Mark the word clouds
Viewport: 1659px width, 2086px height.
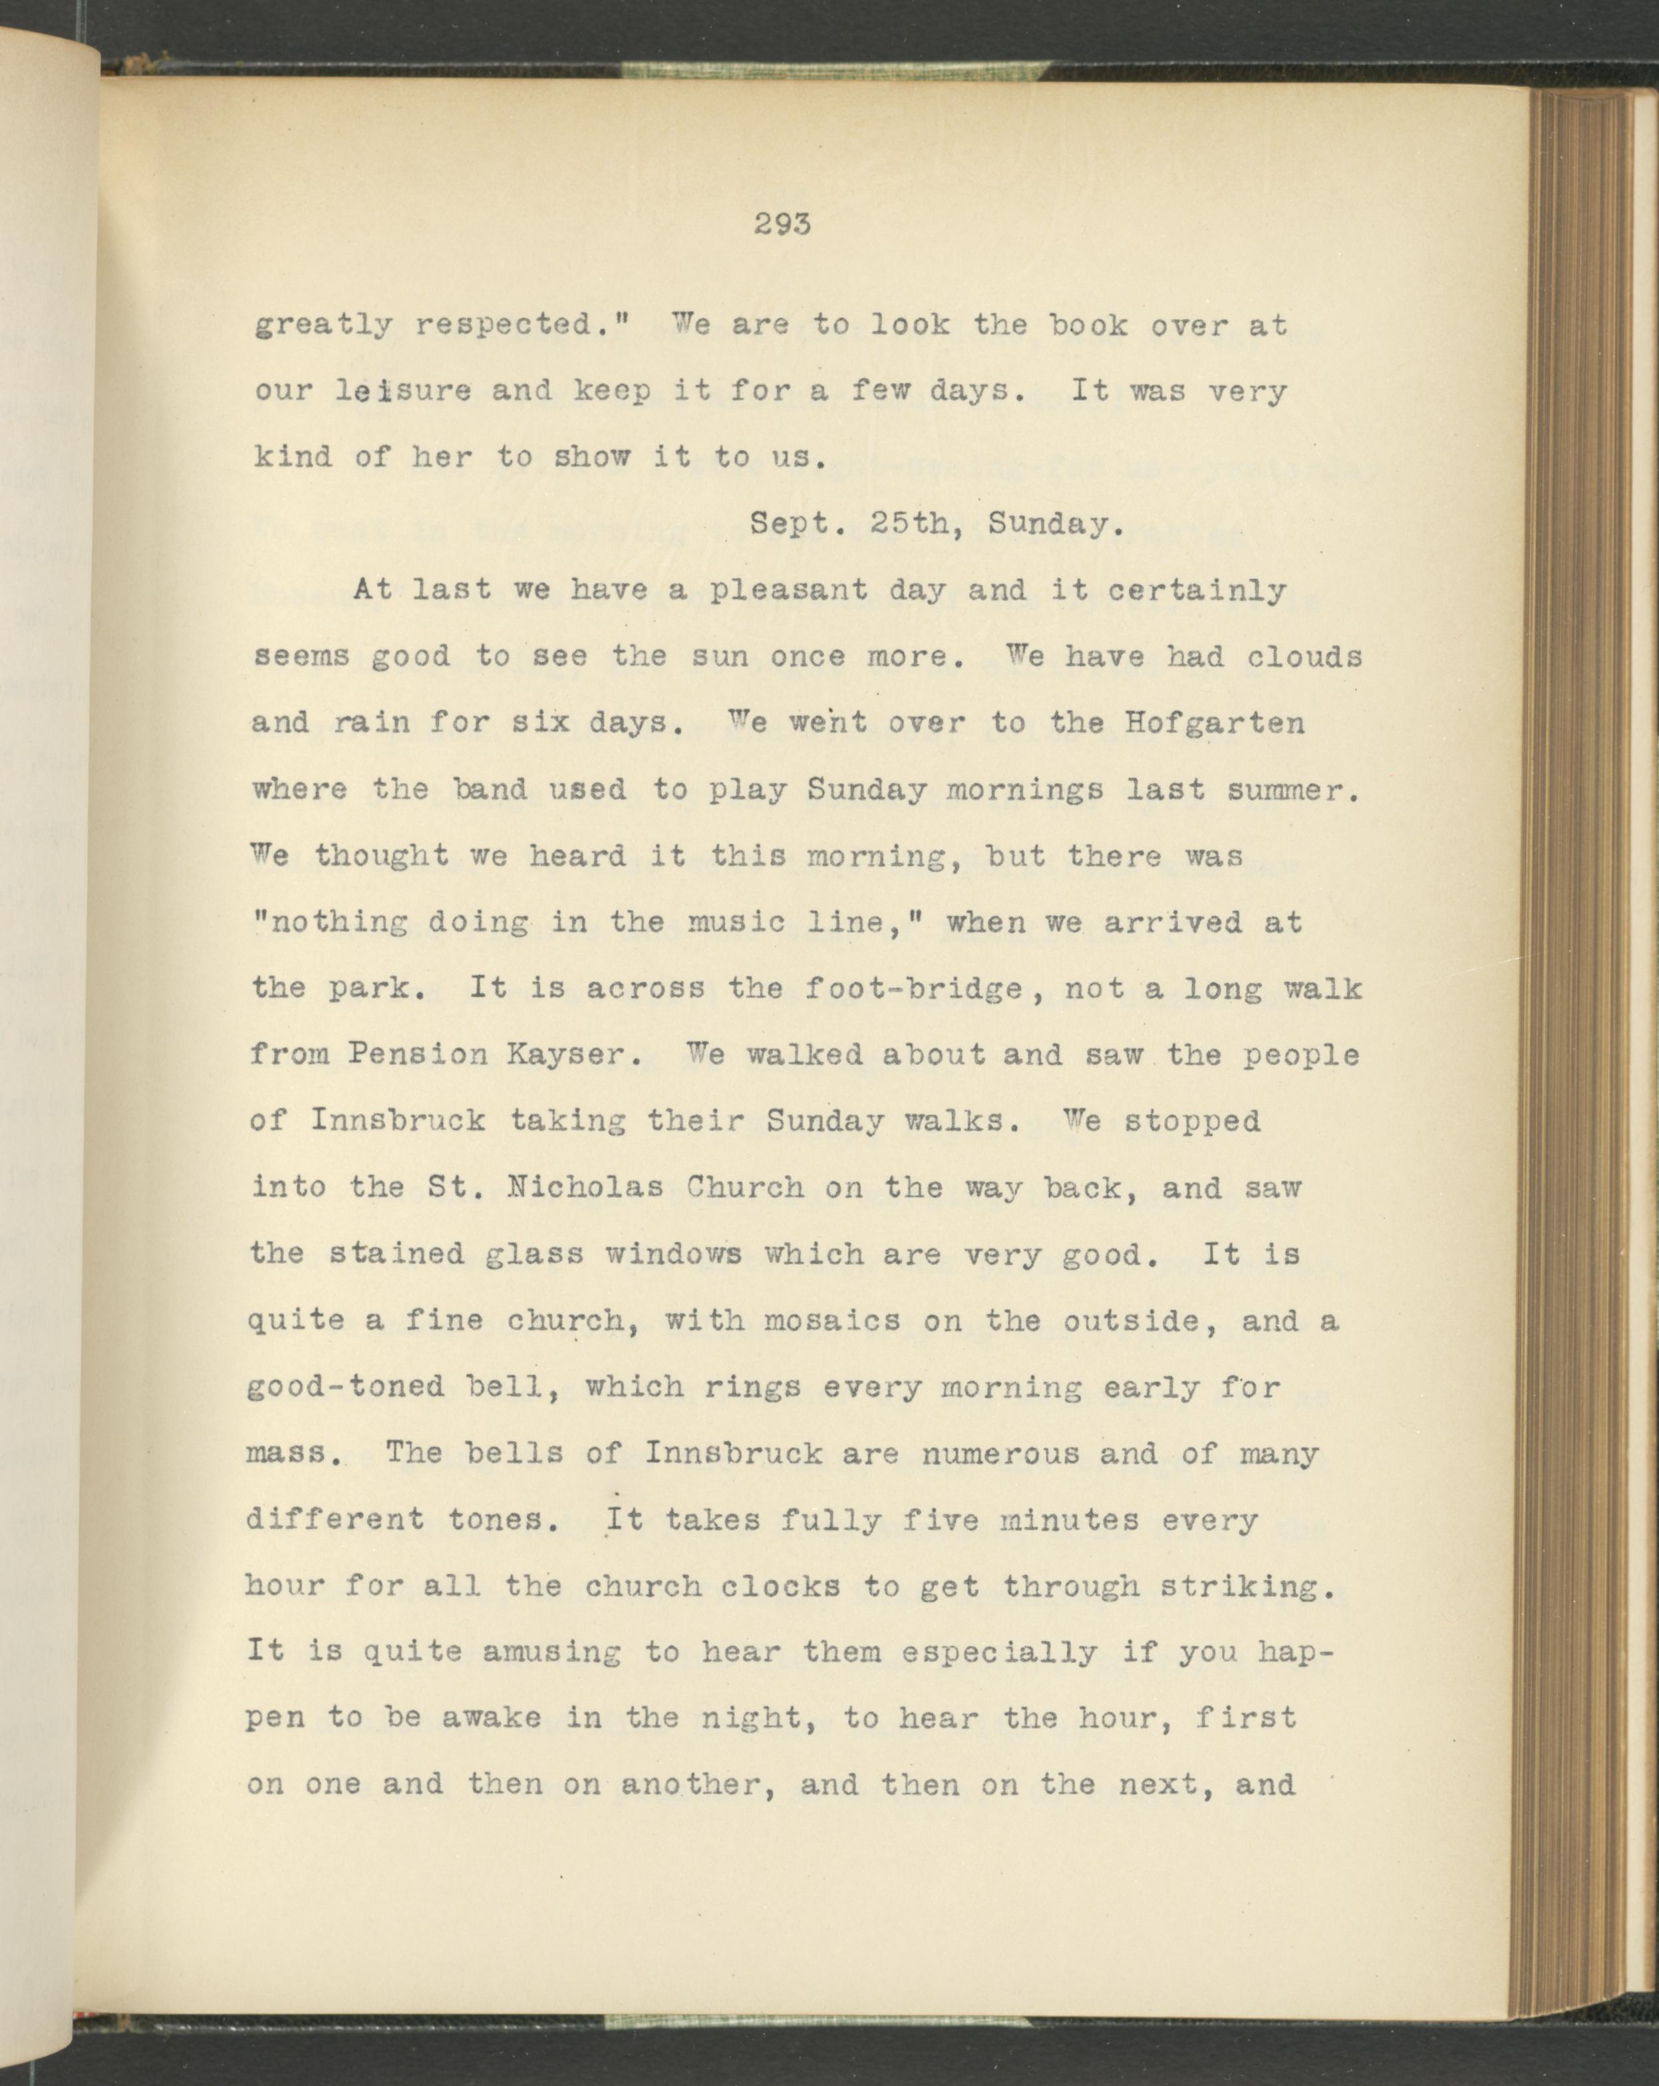pyautogui.click(x=1304, y=657)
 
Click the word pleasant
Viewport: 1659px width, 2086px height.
pyautogui.click(x=788, y=590)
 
